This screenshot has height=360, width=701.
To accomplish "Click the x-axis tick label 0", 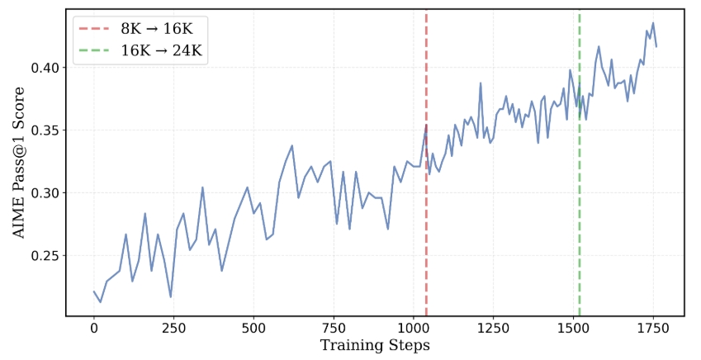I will [94, 328].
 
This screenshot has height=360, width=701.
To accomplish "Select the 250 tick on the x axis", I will [174, 328].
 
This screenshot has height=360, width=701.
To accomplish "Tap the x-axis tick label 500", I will [253, 328].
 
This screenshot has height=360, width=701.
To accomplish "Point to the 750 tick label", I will [334, 328].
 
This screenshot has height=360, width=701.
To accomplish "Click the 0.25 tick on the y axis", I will [46, 256].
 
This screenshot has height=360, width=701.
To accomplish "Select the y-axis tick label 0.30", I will [46, 193].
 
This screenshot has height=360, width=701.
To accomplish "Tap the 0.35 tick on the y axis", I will [46, 130].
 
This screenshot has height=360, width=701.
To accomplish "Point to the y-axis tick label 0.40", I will [46, 68].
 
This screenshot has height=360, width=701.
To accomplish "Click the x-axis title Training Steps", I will [375, 345].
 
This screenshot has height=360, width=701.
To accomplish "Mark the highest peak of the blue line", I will [653, 23].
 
